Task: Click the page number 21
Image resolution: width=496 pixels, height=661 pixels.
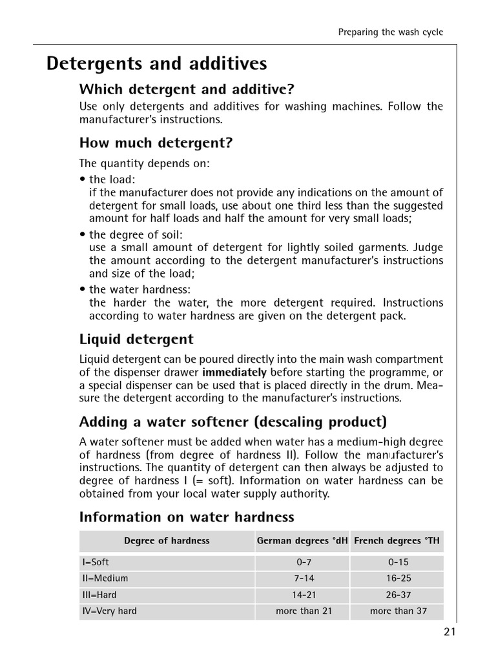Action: pos(449,632)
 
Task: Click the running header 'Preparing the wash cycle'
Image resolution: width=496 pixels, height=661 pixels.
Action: pos(391,32)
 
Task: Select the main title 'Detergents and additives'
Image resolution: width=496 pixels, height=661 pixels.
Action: pos(156,64)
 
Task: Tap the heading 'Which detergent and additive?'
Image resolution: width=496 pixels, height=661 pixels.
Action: pos(187,88)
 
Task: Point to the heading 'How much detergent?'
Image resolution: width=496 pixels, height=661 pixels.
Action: pos(156,143)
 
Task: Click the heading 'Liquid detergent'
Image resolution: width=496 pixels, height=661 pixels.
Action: pos(136,339)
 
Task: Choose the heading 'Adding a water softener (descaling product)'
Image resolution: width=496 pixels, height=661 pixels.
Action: pos(232,422)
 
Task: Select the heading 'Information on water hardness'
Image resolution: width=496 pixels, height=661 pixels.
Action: pos(187,517)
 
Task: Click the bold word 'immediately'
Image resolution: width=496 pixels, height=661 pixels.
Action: pos(234,372)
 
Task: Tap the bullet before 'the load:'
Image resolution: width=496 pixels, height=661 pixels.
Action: pos(83,179)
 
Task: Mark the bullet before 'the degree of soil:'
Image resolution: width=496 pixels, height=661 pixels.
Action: pos(83,234)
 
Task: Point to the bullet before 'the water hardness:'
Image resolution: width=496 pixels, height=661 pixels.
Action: pos(83,290)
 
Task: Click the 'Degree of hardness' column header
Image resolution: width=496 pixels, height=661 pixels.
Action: pos(167,541)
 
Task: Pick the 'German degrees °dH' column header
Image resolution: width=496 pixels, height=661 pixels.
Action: pos(302,541)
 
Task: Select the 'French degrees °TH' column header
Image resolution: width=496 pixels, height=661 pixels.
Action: pos(397,541)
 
